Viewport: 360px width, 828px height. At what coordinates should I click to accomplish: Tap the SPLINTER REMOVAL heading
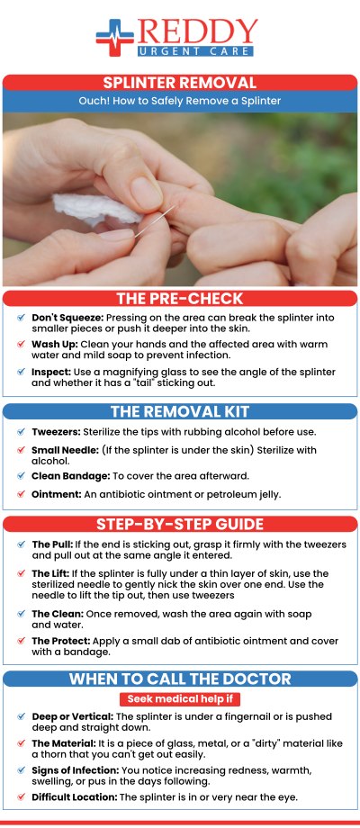(179, 83)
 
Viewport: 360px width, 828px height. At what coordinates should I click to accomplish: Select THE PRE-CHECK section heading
(179, 299)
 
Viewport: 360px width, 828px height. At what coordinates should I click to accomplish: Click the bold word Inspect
(48, 372)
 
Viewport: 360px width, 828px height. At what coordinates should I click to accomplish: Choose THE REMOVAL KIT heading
(179, 413)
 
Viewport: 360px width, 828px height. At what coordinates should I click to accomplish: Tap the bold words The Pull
(50, 544)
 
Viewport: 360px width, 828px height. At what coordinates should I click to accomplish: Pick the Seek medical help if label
(179, 699)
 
